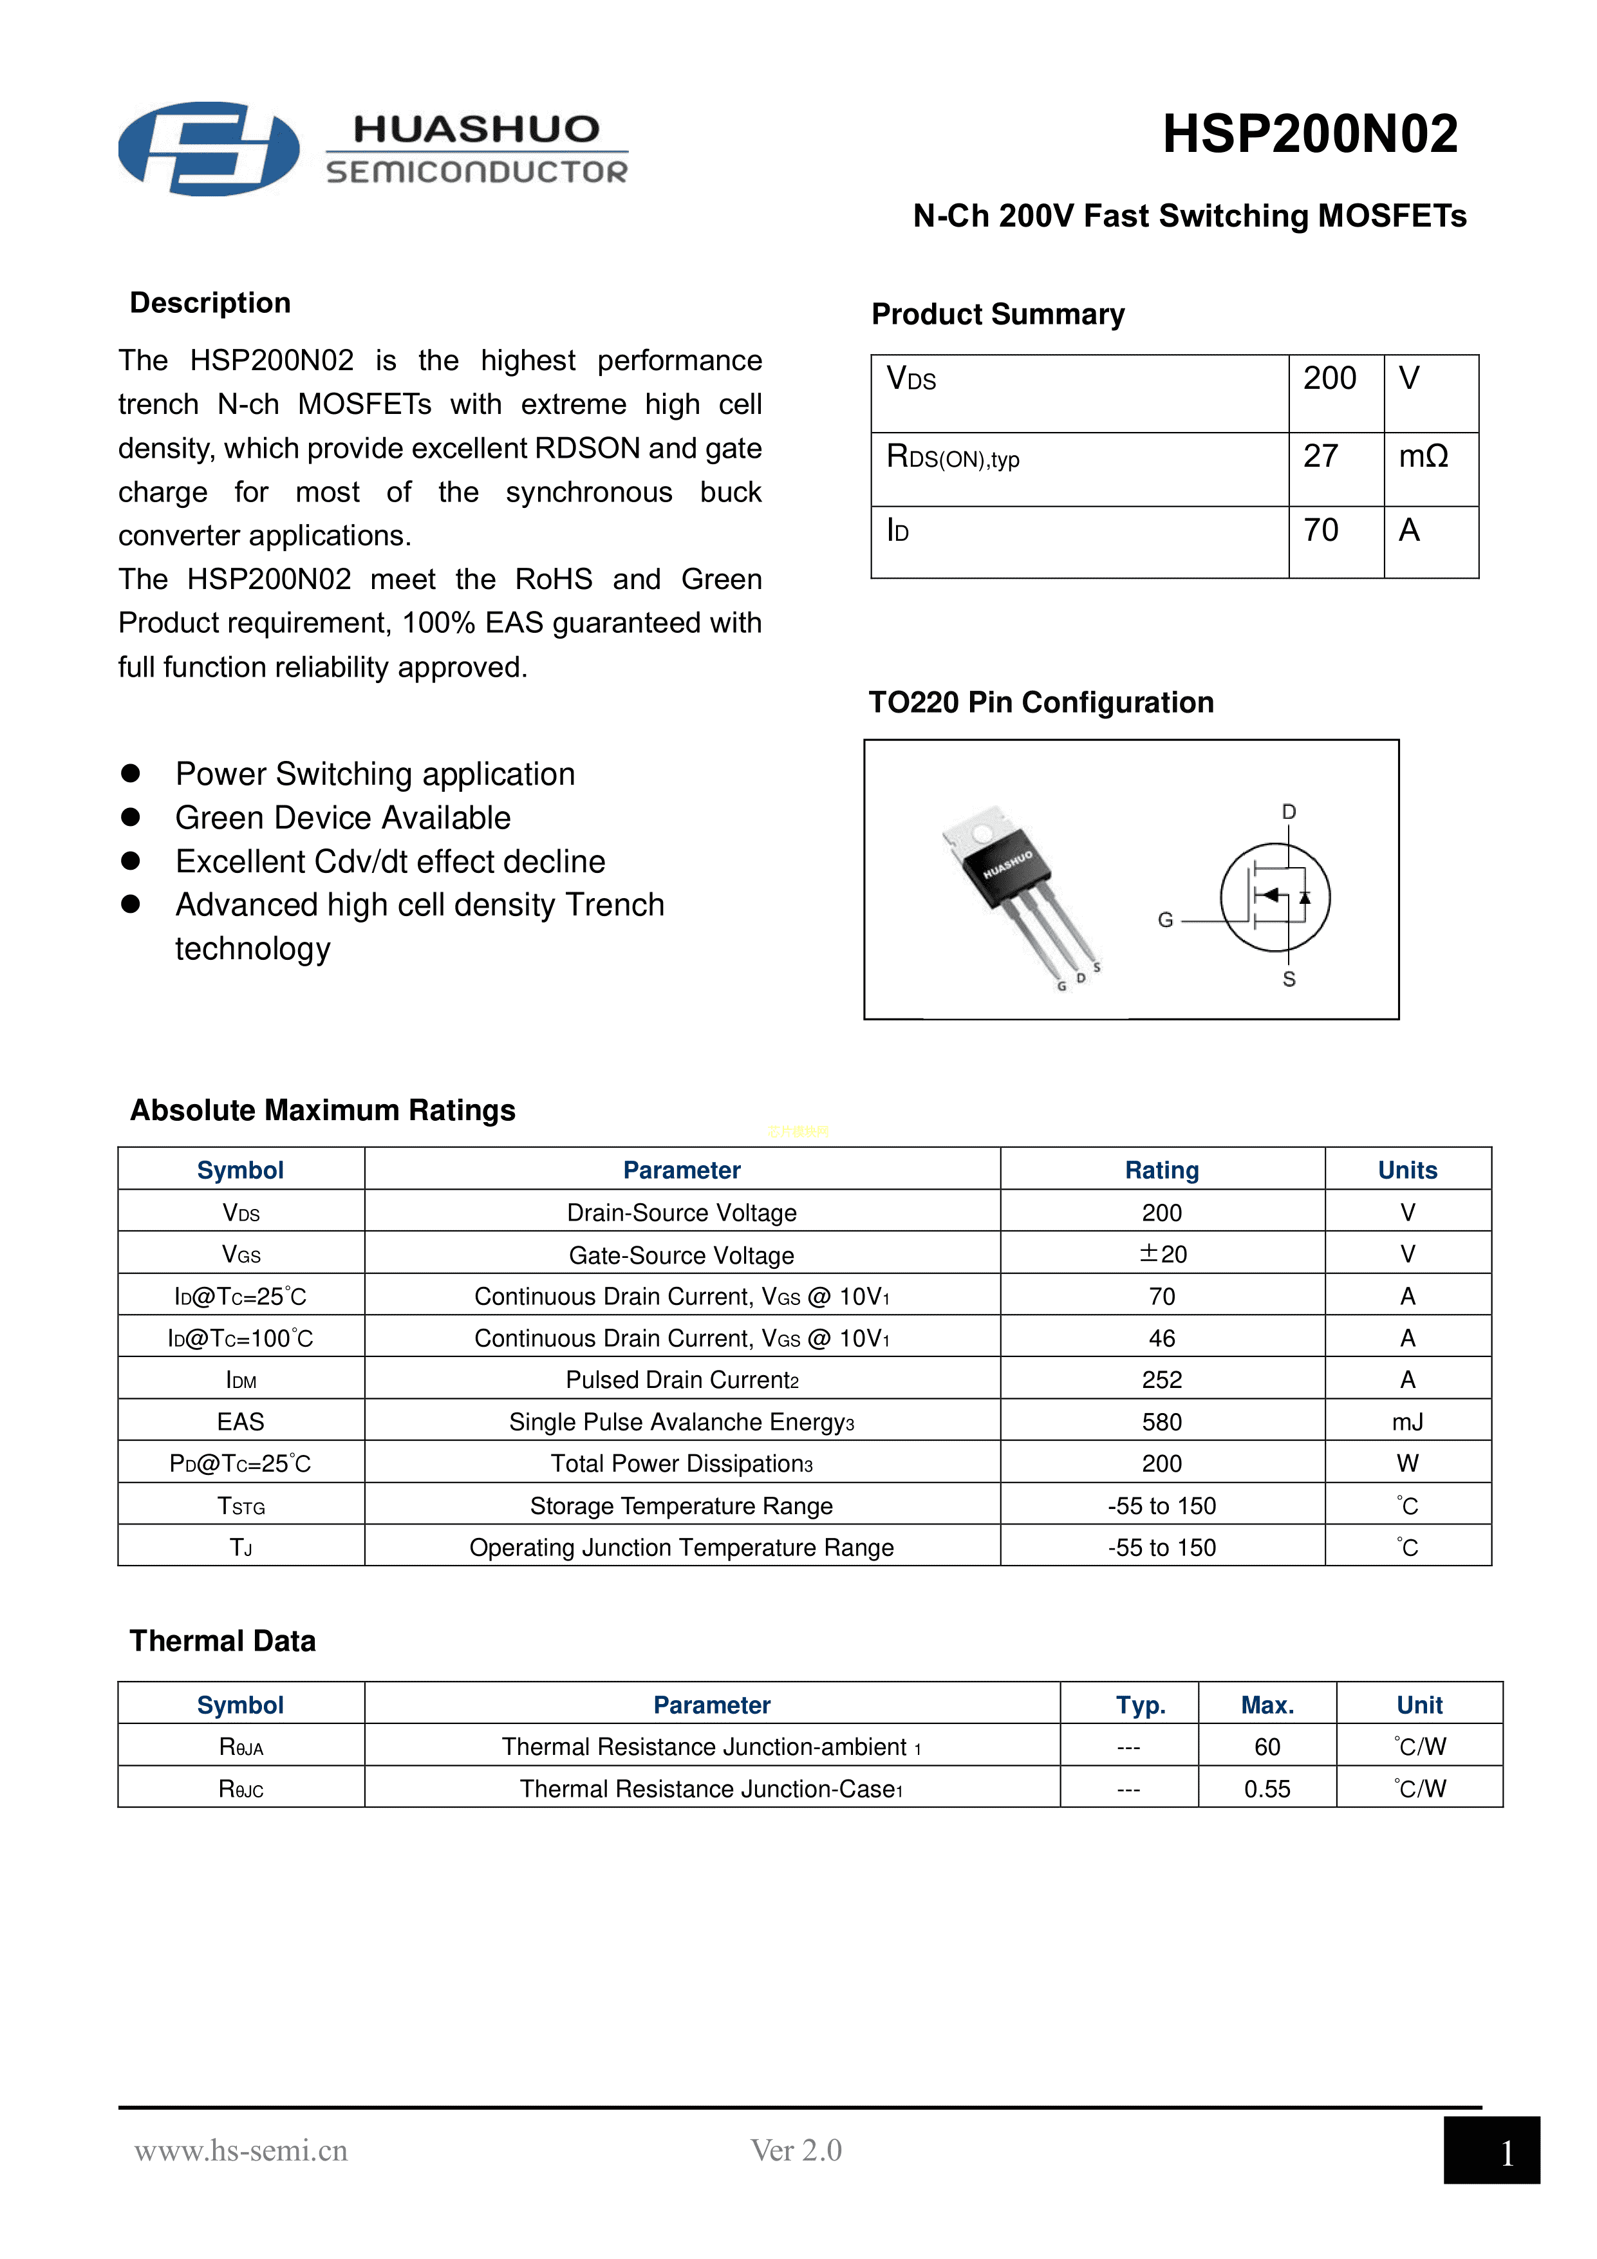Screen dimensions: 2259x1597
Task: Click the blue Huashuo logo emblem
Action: [x=209, y=149]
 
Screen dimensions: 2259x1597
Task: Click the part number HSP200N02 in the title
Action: [x=1310, y=134]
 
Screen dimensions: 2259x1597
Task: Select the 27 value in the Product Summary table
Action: [x=1320, y=456]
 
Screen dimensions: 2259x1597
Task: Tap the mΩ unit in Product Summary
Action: [x=1423, y=456]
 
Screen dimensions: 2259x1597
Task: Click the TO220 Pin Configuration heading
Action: [x=1040, y=702]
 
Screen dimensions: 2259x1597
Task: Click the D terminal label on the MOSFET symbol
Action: [x=1289, y=812]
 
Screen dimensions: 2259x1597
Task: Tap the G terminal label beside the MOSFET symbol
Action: [x=1165, y=920]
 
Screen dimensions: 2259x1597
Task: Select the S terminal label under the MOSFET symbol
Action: [x=1289, y=979]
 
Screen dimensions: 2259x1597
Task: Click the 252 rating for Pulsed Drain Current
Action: [x=1162, y=1380]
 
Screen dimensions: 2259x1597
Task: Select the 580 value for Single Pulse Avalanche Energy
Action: [x=1162, y=1421]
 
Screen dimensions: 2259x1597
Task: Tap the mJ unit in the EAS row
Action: [x=1407, y=1421]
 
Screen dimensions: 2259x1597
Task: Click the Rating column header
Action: [x=1162, y=1170]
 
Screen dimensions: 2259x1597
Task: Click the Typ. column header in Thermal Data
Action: [x=1141, y=1705]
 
